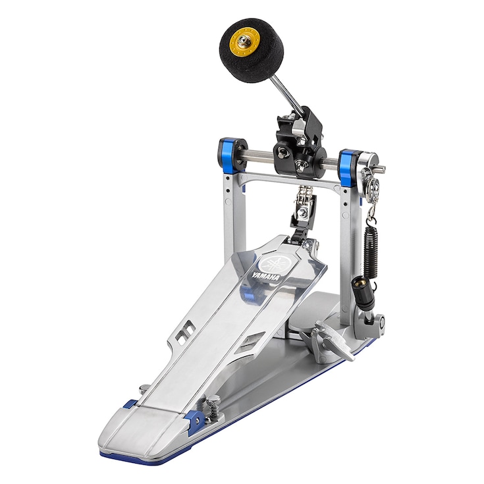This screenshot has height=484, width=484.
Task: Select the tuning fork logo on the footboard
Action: (x=271, y=263)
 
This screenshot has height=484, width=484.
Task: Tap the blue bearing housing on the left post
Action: (x=231, y=153)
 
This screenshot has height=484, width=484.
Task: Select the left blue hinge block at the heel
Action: (x=130, y=404)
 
